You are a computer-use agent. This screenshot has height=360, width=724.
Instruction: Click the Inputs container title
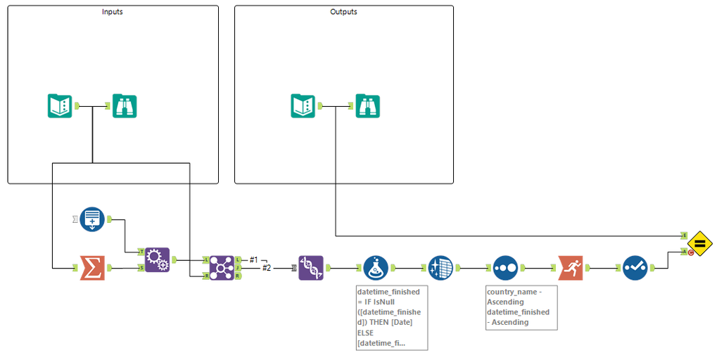pyautogui.click(x=113, y=12)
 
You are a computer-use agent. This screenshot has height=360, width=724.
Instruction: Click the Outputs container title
pyautogui.click(x=343, y=12)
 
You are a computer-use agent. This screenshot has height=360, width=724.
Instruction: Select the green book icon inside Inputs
pyautogui.click(x=60, y=106)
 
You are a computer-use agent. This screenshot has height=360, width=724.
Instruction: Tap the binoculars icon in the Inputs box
pyautogui.click(x=125, y=106)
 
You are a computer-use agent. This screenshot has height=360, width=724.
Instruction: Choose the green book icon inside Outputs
pyautogui.click(x=303, y=106)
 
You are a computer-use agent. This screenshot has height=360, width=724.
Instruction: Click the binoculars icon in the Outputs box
pyautogui.click(x=367, y=106)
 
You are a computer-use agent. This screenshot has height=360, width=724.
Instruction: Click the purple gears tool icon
pyautogui.click(x=157, y=259)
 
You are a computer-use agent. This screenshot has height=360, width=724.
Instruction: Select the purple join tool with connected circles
pyautogui.click(x=222, y=268)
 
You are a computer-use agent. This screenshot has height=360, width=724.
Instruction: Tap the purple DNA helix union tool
pyautogui.click(x=311, y=268)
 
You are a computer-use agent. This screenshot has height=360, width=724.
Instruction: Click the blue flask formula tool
pyautogui.click(x=376, y=268)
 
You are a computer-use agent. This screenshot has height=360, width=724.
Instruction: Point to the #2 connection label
pyautogui.click(x=267, y=268)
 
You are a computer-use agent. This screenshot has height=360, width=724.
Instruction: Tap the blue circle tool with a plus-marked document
pyautogui.click(x=92, y=219)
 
